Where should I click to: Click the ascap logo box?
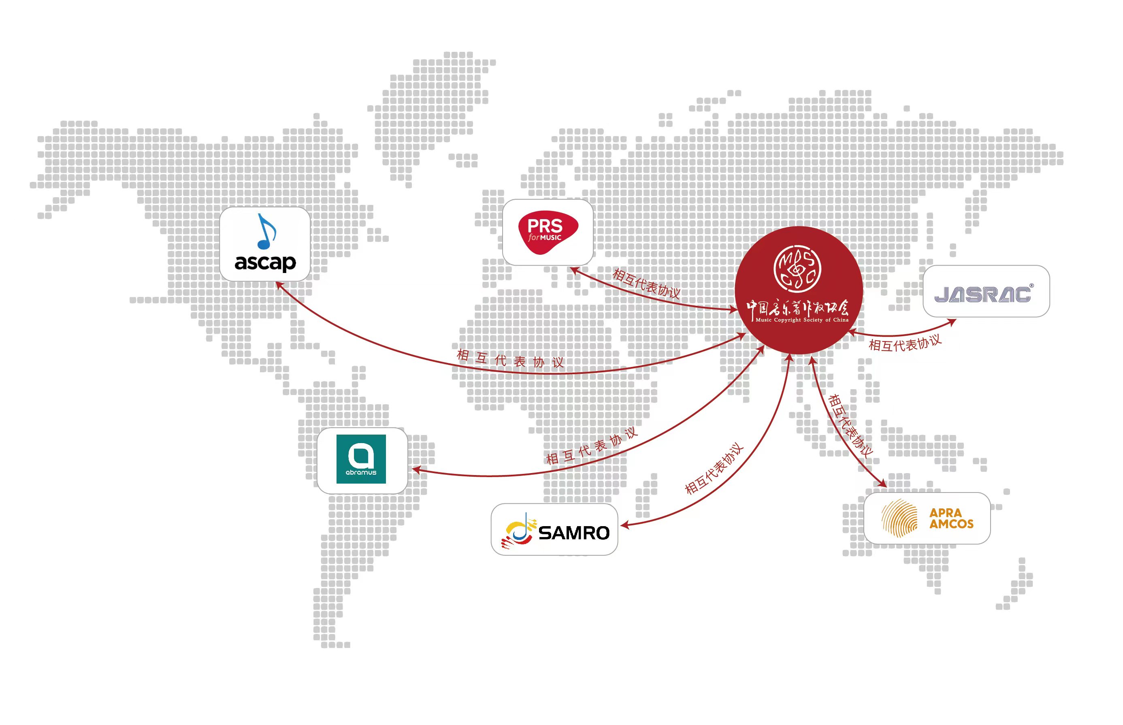[264, 244]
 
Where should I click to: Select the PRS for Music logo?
[548, 232]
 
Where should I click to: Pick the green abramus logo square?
[361, 459]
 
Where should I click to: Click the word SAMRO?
[574, 533]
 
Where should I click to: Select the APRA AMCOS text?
[951, 518]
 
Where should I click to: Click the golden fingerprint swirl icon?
[899, 518]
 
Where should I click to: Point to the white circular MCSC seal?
[797, 269]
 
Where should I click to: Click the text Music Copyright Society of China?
[802, 320]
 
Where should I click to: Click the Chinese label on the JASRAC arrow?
[905, 343]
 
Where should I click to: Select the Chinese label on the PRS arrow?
[646, 284]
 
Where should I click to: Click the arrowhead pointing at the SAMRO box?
[624, 525]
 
